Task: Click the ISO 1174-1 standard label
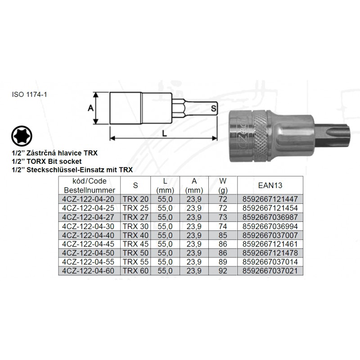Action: [29, 94]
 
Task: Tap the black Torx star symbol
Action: [22, 136]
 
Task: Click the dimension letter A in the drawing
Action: [91, 108]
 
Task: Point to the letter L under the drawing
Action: [164, 134]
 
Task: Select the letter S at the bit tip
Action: [213, 108]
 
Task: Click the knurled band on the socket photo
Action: [261, 135]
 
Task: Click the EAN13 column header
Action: [270, 185]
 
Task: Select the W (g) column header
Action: [223, 185]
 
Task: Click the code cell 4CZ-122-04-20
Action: [88, 199]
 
